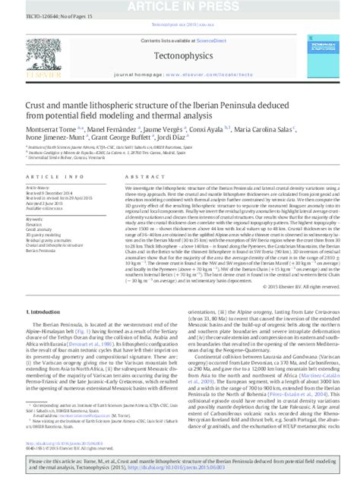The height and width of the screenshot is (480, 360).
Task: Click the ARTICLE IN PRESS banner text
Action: (179, 5)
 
